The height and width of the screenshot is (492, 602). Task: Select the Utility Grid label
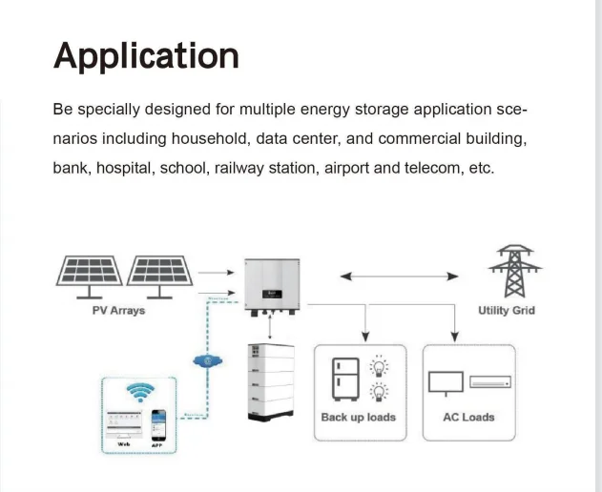tap(507, 311)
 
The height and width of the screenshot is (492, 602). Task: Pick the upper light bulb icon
tap(379, 366)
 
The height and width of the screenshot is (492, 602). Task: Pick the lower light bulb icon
tap(379, 392)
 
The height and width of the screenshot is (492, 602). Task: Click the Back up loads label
tap(358, 418)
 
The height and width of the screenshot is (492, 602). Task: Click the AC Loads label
tap(468, 418)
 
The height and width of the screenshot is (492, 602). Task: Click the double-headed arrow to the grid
tap(400, 277)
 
